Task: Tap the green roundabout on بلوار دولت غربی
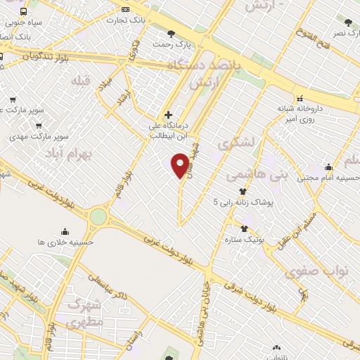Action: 98,216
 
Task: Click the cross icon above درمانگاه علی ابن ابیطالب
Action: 167,115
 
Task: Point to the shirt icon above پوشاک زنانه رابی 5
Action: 243,191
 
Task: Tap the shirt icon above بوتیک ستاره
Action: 244,229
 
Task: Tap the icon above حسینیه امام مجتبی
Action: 328,167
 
